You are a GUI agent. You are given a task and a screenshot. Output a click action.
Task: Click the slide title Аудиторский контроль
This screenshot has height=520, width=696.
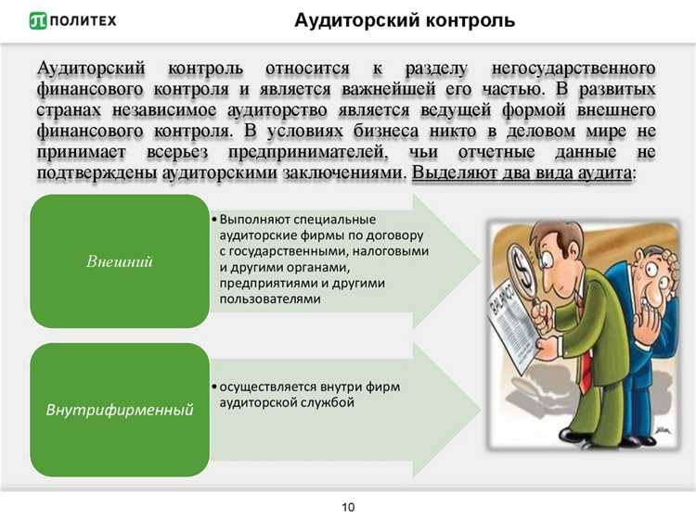pyautogui.click(x=405, y=20)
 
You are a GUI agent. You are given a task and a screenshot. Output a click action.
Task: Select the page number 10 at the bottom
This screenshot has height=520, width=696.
pyautogui.click(x=348, y=507)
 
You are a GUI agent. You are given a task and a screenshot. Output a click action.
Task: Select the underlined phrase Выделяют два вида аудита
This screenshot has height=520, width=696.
pyautogui.click(x=522, y=172)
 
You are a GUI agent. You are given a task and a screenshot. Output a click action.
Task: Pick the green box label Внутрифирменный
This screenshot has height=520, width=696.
pyautogui.click(x=119, y=409)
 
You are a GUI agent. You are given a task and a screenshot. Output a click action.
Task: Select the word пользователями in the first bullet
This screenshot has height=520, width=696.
pyautogui.click(x=270, y=298)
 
